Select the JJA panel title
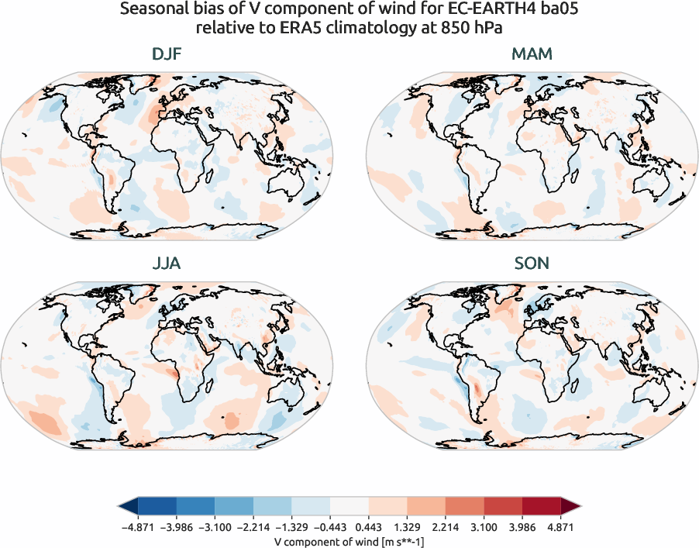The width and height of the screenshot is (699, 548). [167, 264]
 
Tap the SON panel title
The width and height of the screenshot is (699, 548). [532, 264]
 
